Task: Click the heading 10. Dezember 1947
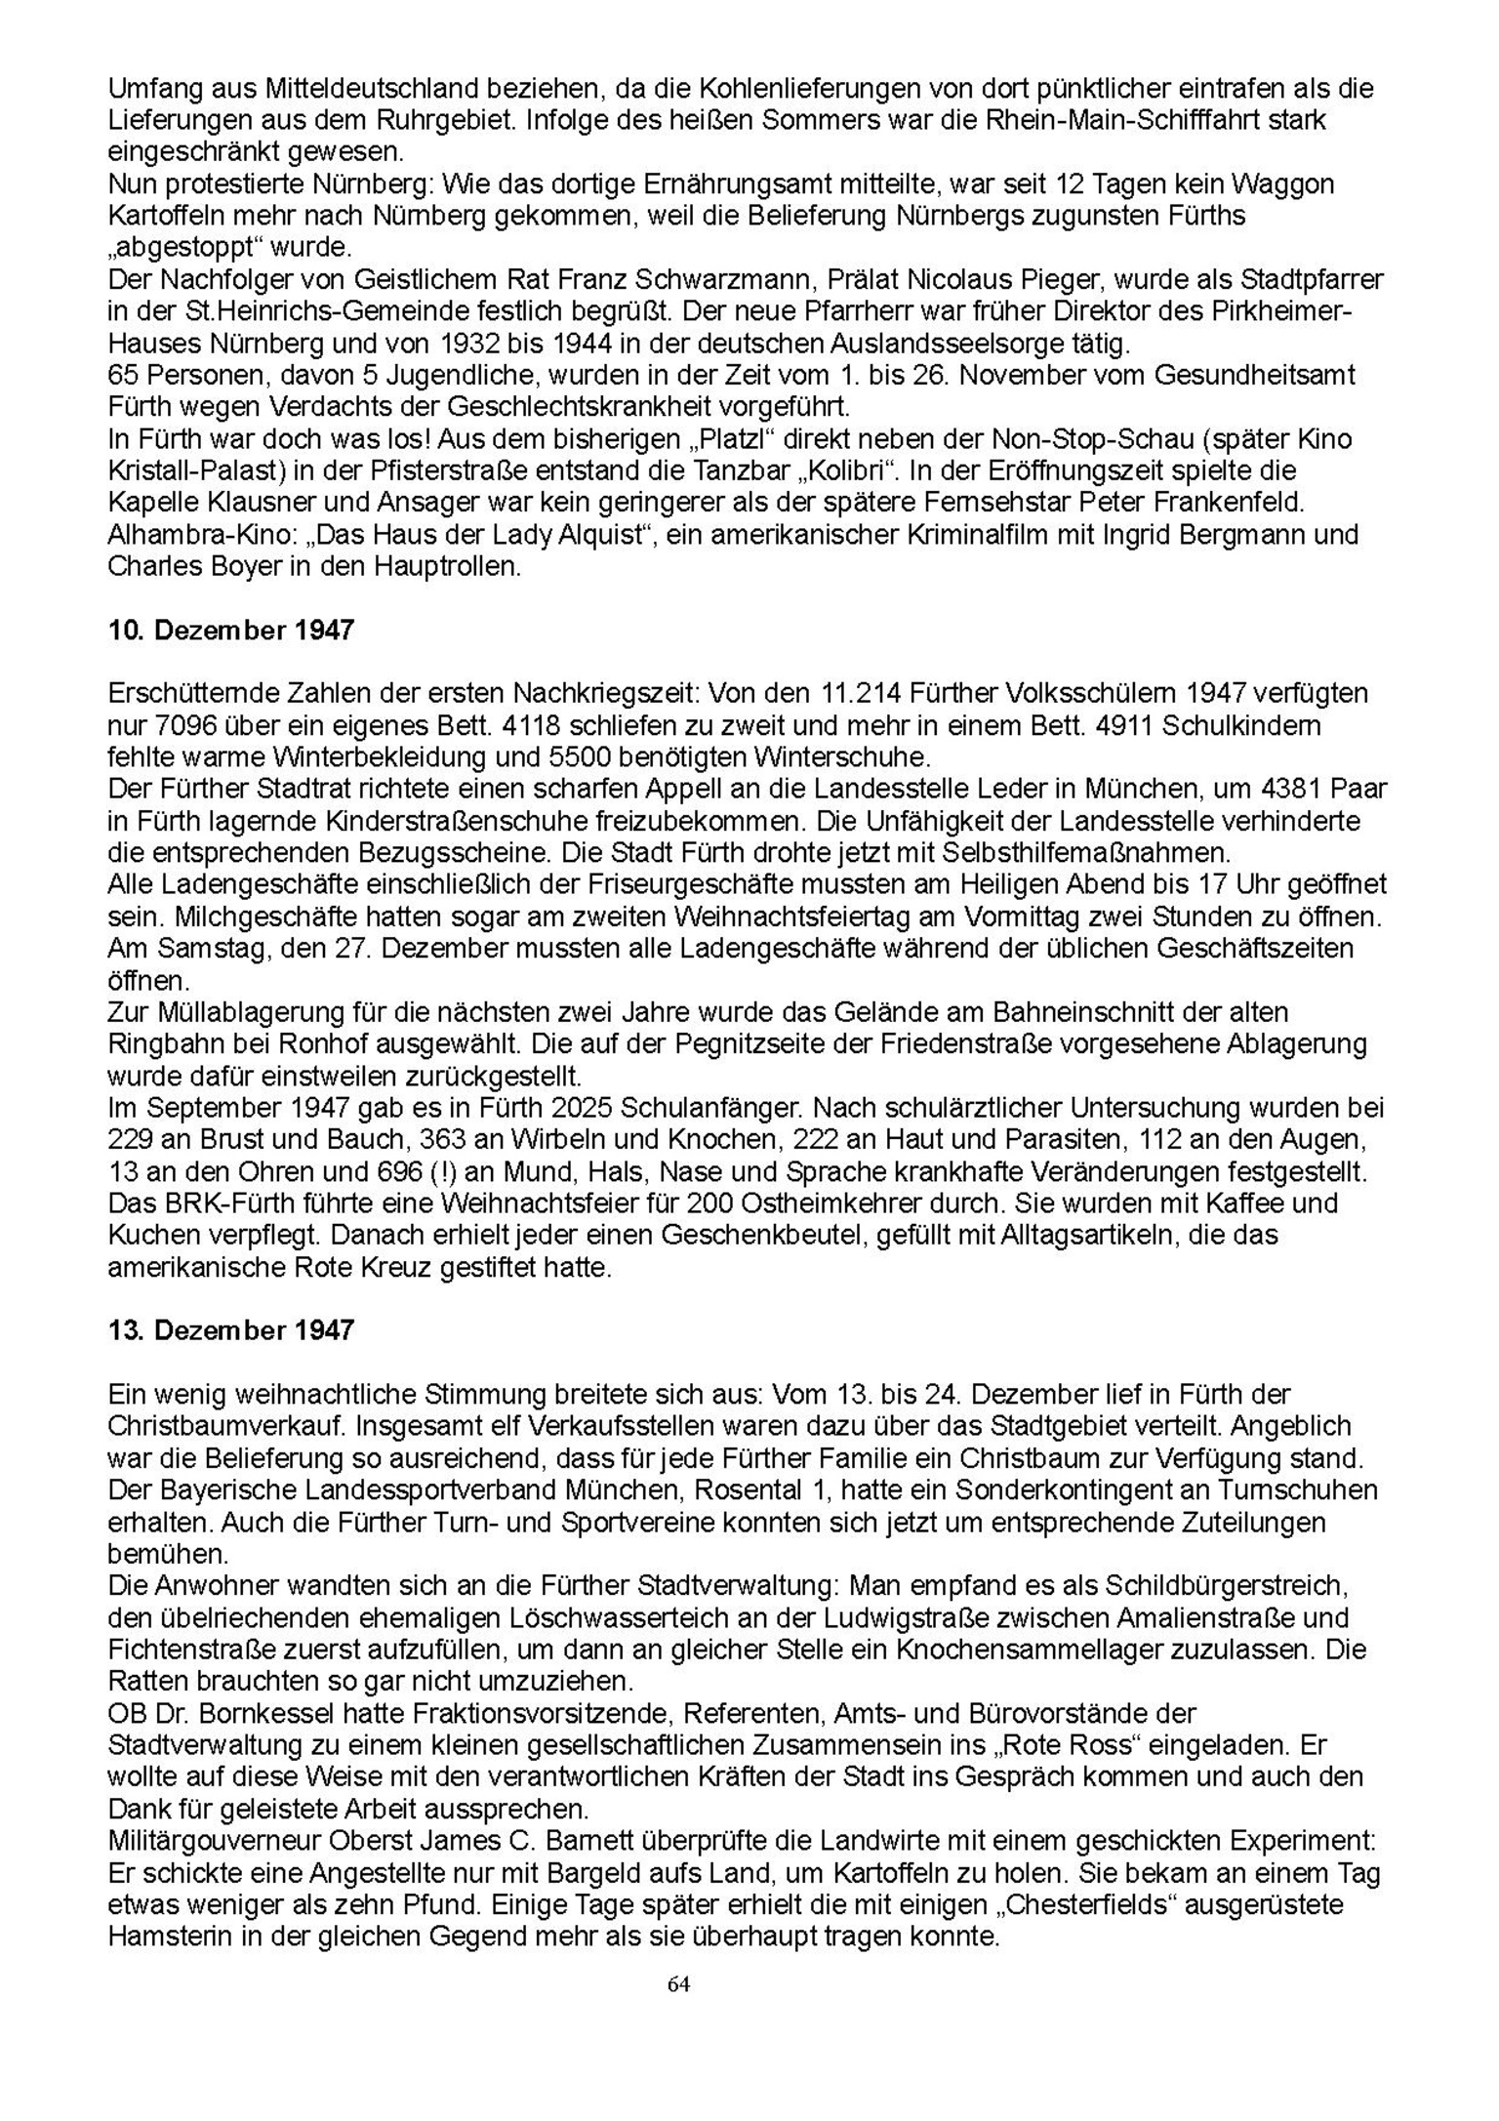[230, 631]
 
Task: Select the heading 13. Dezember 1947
[230, 1330]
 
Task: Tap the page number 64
[679, 1983]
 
